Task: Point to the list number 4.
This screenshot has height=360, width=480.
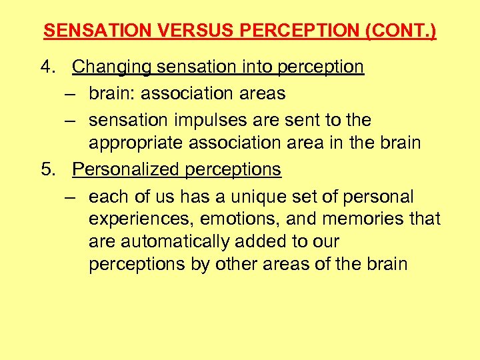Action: click(47, 67)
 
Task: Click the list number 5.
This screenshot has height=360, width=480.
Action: click(47, 170)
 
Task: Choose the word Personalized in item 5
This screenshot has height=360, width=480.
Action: click(119, 170)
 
